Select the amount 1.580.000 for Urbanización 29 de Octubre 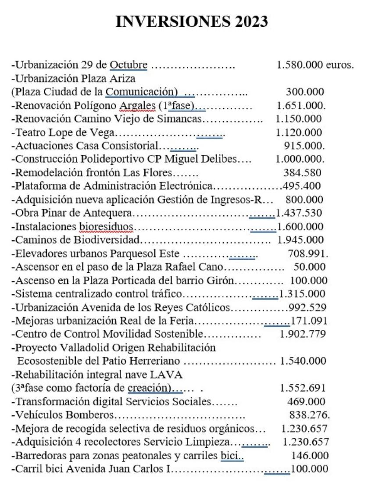tap(300, 65)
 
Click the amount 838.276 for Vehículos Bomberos tap(309, 414)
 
